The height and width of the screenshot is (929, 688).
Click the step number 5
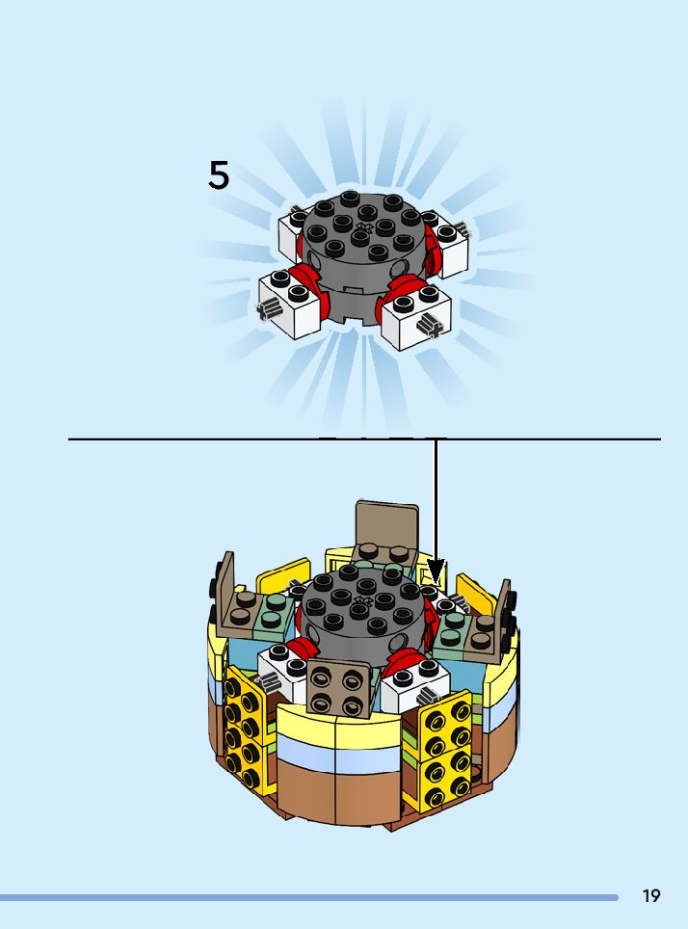[x=219, y=175]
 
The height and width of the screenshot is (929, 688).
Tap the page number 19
[x=651, y=896]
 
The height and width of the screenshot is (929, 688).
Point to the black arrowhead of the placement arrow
[x=436, y=571]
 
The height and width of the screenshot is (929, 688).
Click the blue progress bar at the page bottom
[x=308, y=897]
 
